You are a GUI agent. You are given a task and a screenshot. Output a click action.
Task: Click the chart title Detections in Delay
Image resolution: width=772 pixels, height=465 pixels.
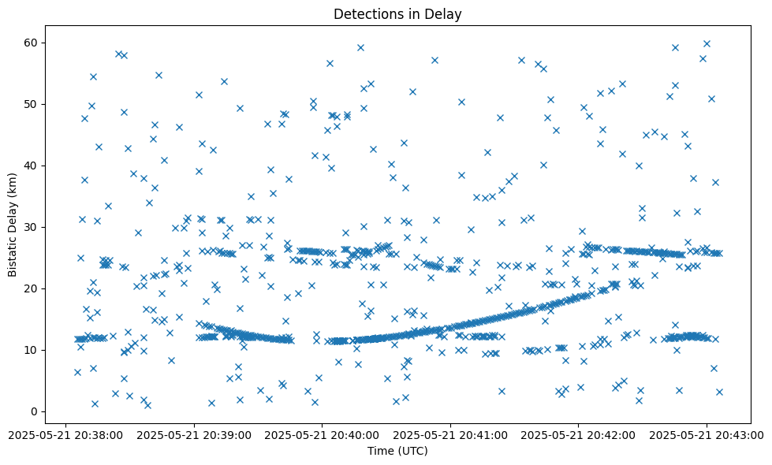[397, 13]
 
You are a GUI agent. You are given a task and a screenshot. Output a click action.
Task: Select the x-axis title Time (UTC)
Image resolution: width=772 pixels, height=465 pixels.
[397, 452]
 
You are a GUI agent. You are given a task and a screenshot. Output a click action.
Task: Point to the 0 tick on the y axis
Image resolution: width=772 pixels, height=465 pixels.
[35, 411]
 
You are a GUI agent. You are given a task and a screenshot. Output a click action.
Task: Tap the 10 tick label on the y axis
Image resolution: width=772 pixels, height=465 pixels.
[32, 350]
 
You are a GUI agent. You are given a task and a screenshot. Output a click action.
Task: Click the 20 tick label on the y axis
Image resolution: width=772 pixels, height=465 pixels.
[32, 288]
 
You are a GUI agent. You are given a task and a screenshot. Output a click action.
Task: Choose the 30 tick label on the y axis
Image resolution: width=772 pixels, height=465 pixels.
[32, 227]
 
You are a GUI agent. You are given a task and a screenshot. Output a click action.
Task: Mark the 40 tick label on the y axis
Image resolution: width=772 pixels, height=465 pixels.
[32, 166]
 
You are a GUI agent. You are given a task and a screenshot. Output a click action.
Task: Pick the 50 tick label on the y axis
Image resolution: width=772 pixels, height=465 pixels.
[32, 104]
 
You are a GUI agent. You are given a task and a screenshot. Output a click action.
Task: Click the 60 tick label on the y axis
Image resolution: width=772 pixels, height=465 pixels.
[32, 43]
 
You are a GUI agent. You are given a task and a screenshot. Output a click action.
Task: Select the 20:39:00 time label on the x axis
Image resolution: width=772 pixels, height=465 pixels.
[194, 434]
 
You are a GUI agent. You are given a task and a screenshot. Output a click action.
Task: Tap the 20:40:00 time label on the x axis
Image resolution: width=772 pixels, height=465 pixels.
[322, 434]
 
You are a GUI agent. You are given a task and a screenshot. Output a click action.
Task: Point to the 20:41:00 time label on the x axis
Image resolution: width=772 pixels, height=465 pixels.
[450, 434]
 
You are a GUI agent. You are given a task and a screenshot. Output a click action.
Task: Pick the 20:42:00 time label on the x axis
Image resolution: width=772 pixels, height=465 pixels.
[579, 434]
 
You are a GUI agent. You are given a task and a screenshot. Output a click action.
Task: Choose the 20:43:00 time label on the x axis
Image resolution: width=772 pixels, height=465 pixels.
[707, 434]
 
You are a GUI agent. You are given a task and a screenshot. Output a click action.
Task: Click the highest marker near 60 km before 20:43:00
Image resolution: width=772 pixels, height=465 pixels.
[707, 43]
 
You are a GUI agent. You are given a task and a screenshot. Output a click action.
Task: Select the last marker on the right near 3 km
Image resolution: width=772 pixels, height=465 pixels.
[718, 392]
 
